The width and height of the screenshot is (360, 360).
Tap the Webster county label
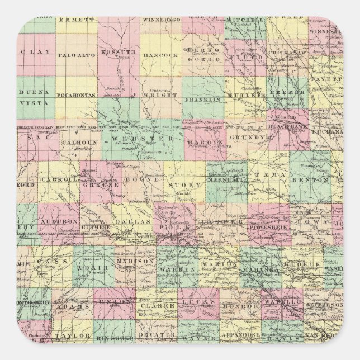[143, 138]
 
